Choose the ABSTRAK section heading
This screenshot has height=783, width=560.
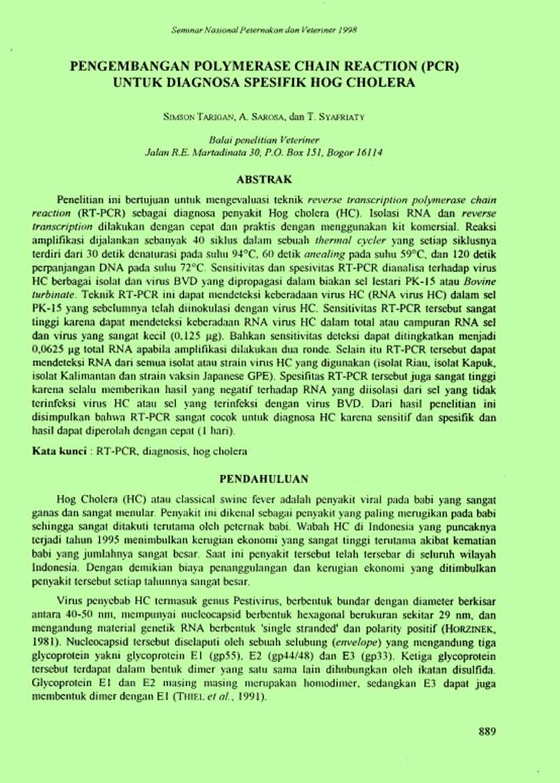tap(279, 177)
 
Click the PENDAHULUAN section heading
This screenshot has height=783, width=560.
tap(279, 479)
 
